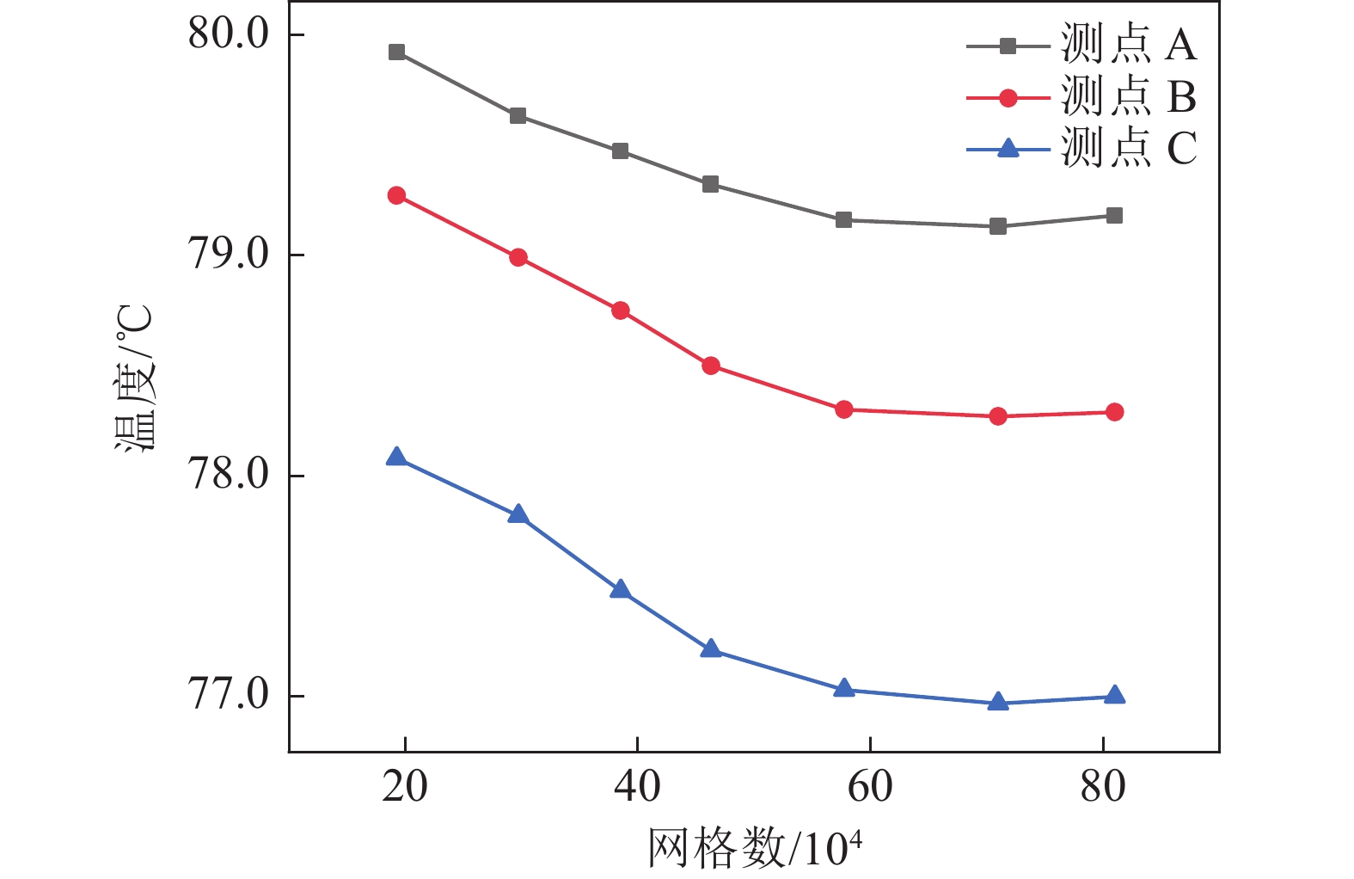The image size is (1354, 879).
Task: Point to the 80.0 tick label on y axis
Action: pos(229,35)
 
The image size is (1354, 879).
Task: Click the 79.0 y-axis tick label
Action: pos(229,255)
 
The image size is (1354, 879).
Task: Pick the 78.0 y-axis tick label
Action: pos(229,476)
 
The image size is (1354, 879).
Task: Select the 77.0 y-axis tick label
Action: pos(229,696)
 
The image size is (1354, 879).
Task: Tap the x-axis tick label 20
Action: pos(404,787)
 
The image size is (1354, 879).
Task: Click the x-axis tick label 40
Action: pos(637,787)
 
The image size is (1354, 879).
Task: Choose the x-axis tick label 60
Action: pos(870,787)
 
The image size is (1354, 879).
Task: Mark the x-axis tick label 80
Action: pos(1103,787)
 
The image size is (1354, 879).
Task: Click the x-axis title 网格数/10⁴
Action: pos(754,848)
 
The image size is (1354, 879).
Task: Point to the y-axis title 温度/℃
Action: pos(135,378)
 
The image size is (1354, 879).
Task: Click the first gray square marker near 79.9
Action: pos(396,52)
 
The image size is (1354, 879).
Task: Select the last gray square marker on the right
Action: pos(1114,215)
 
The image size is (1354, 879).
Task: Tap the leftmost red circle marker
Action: pos(396,195)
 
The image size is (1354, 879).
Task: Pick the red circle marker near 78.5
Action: pos(711,366)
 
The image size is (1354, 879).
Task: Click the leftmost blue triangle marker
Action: pos(396,457)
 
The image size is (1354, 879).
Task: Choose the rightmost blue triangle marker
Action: pos(1114,695)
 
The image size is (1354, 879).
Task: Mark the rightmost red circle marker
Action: pos(1114,412)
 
